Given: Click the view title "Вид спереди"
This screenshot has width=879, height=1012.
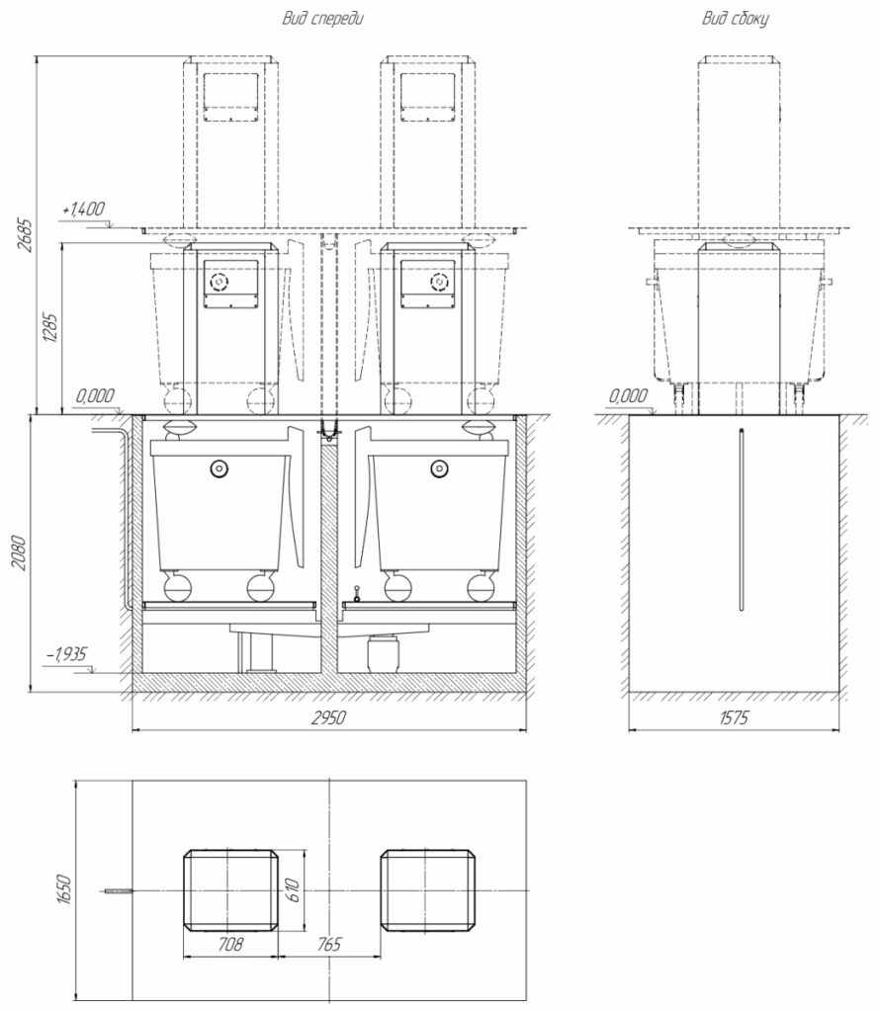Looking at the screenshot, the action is click(322, 18).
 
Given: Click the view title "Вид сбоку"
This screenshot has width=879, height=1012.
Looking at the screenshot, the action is click(735, 18).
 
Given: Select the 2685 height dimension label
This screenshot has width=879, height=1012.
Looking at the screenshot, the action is click(24, 234).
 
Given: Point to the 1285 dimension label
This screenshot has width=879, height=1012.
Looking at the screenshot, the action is click(51, 328).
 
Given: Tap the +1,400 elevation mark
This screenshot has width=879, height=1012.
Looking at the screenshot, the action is click(84, 209).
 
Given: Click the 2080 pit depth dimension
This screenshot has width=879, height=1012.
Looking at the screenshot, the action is click(20, 552).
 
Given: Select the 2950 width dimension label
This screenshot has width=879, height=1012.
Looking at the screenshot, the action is click(328, 717).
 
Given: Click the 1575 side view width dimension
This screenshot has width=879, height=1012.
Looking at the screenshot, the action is click(734, 717).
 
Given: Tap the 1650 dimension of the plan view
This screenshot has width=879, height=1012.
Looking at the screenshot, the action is click(63, 889).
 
